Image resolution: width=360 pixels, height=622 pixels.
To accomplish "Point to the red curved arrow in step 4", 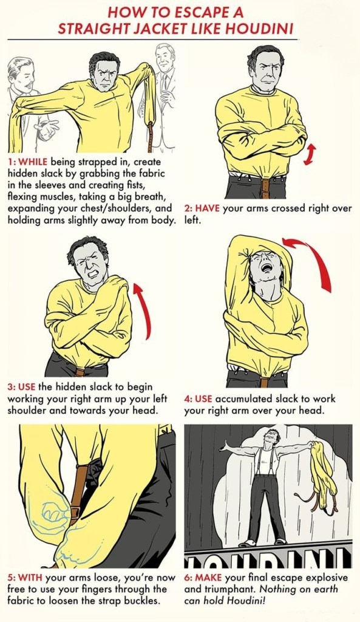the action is click(313, 258).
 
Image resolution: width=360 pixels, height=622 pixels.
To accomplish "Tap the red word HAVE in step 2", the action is click(208, 208).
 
